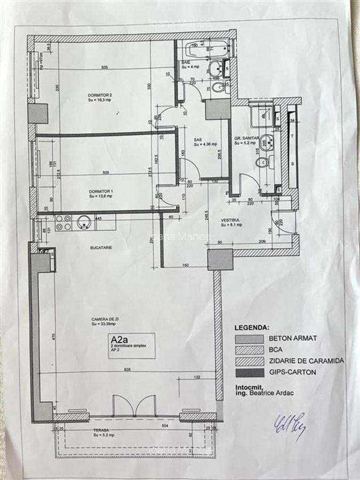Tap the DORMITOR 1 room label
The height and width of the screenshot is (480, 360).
click(100, 190)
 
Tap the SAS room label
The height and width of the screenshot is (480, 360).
click(197, 140)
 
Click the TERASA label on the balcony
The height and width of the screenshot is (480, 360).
click(100, 430)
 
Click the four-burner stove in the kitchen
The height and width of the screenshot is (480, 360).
click(63, 222)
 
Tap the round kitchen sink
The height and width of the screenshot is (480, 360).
click(84, 222)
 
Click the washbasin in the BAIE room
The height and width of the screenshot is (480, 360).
click(215, 68)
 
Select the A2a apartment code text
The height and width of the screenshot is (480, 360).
click(118, 339)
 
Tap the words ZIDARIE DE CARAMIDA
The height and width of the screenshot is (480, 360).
click(306, 361)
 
